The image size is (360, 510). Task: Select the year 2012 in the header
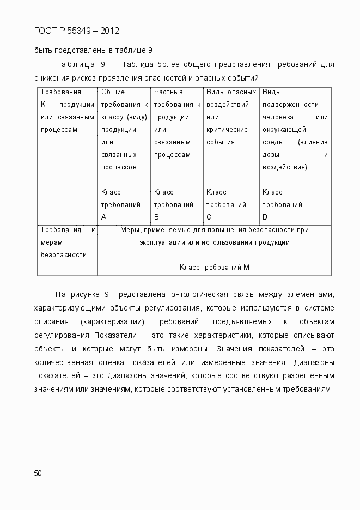pos(109,31)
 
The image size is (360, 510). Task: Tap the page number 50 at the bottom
pos(38,473)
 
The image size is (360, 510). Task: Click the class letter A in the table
pos(104,217)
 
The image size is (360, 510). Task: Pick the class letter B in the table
pos(157,217)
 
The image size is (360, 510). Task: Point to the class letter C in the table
pos(209,217)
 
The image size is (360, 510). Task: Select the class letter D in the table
pos(265,217)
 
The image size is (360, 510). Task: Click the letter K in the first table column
pos(44,105)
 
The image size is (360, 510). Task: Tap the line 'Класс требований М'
pos(214,267)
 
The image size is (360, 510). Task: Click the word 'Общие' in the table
pos(113,92)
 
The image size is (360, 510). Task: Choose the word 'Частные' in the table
pos(168,92)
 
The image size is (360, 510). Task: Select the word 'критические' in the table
pos(227,130)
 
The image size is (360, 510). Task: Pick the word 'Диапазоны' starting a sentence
pos(314,362)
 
